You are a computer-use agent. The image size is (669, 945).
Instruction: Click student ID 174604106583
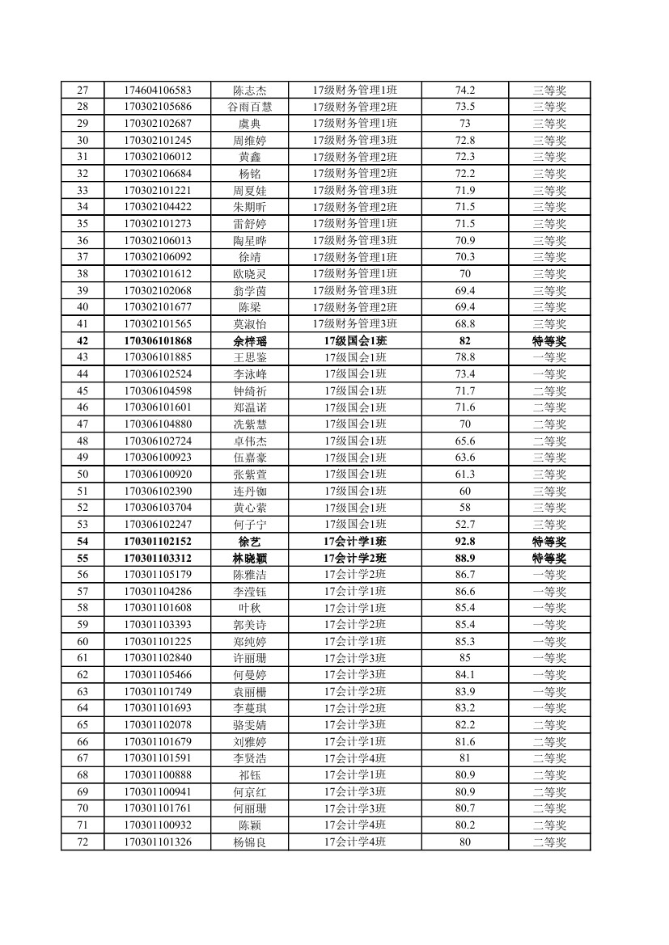tap(158, 90)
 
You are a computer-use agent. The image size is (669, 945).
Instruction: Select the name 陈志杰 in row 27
tap(250, 90)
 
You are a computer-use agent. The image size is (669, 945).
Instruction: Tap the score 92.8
tap(465, 541)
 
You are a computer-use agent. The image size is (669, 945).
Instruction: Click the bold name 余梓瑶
tap(250, 340)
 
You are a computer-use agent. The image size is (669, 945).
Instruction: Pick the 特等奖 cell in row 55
tap(549, 558)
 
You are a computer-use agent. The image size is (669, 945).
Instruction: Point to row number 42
tap(83, 340)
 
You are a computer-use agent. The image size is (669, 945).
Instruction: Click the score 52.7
tap(465, 524)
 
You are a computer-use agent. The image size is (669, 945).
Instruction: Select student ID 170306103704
tap(158, 508)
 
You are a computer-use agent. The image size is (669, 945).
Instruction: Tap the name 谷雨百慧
tap(250, 107)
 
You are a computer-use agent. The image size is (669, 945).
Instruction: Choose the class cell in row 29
tap(355, 123)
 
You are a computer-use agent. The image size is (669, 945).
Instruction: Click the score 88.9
tap(465, 558)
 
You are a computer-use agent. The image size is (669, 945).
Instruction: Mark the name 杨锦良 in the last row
tap(250, 842)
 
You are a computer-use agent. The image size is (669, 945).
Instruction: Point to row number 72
tap(83, 842)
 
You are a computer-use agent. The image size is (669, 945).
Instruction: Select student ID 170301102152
tap(158, 541)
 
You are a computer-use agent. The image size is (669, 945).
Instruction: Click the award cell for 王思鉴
tap(549, 357)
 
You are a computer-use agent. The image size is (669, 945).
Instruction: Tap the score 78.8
tap(465, 357)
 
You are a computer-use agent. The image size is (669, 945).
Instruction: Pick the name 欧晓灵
tap(250, 273)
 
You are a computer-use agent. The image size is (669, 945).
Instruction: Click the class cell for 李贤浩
tap(355, 758)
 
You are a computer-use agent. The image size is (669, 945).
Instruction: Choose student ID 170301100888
tap(158, 774)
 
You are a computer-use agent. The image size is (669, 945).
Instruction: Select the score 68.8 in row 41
tap(465, 323)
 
